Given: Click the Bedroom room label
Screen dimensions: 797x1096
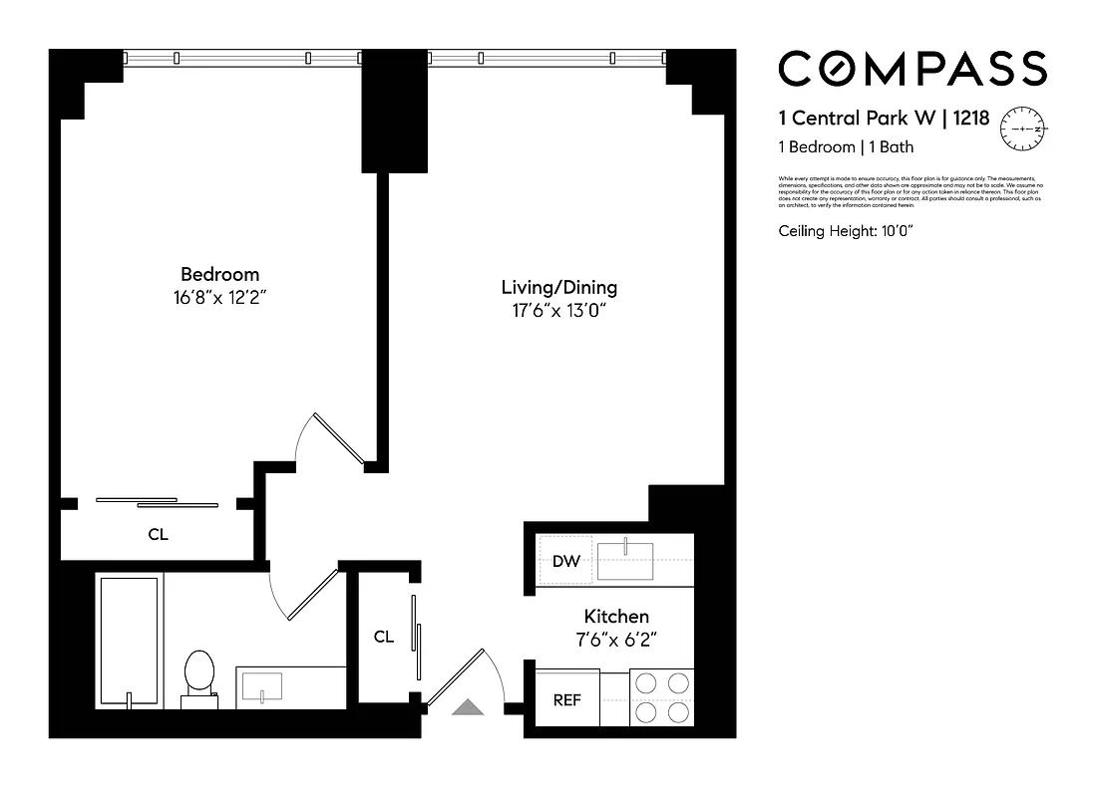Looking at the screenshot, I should [x=219, y=274].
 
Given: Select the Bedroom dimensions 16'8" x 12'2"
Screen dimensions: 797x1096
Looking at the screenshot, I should [x=219, y=296].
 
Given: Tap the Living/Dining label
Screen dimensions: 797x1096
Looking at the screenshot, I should [x=558, y=288].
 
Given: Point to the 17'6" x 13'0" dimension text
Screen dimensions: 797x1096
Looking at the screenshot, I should [x=558, y=310].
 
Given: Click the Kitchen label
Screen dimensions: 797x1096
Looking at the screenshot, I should [x=616, y=617].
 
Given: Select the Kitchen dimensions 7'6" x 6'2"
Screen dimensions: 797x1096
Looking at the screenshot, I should [x=616, y=639].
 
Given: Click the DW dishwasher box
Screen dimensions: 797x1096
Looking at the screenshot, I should [x=565, y=562].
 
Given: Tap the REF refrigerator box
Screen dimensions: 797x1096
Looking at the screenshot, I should [x=566, y=700].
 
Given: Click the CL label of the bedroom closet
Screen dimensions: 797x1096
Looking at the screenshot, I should [x=158, y=534].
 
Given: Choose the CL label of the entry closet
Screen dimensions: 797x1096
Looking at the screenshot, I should [x=383, y=638].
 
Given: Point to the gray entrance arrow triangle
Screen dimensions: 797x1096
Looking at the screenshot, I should [x=468, y=707].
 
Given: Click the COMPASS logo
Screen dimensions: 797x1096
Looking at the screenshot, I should [x=912, y=69].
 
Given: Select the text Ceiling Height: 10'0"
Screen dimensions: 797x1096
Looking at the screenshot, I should [x=846, y=231].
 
